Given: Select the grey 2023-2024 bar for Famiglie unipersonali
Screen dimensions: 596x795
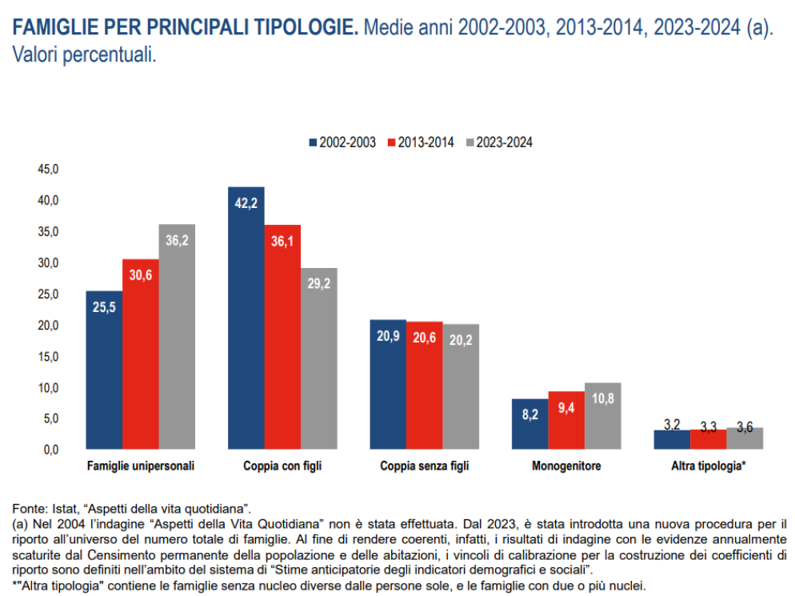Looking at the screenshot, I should click(177, 336).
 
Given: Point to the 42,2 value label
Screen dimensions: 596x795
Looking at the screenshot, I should click(246, 203).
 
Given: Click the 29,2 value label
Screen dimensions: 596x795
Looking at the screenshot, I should click(319, 283).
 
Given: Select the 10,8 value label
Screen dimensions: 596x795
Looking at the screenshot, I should click(603, 398).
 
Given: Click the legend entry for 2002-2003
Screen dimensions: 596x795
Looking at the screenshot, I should click(342, 142).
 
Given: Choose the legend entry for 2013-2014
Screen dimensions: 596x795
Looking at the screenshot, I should click(420, 142).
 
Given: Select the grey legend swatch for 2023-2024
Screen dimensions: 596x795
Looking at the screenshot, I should click(469, 142).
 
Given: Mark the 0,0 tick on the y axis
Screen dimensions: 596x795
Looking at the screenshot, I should click(50, 450).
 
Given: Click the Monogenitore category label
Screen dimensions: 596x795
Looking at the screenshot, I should click(566, 466).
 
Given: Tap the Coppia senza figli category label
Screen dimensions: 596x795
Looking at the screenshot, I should click(424, 466).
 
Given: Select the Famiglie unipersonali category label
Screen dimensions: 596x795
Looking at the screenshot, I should click(141, 466).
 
